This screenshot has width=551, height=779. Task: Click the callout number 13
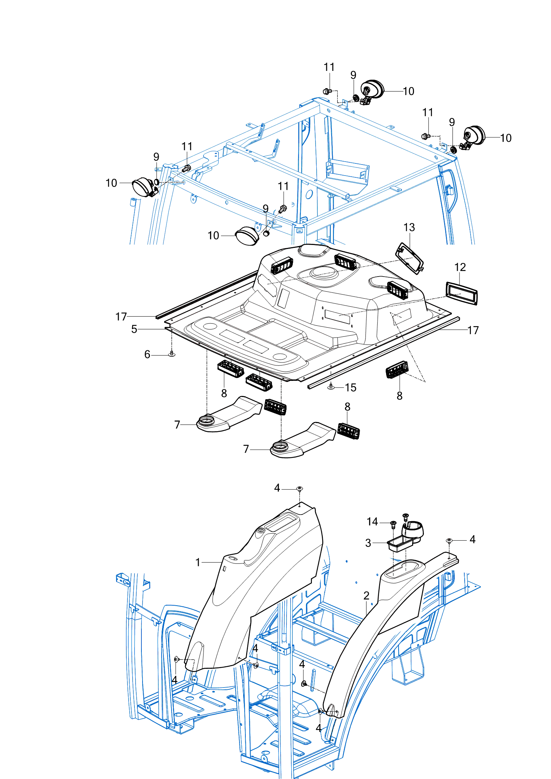coord(409,228)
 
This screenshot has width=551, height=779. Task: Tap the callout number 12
coord(460,267)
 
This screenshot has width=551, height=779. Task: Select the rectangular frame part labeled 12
coord(462,293)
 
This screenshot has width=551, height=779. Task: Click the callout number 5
coord(134,329)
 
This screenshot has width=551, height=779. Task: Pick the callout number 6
coord(147,354)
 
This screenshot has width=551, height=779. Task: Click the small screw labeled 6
coord(171,354)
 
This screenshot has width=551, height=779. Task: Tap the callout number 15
coord(350,387)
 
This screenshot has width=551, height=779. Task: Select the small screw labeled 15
coord(331,386)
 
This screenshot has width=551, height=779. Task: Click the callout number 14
coord(372,522)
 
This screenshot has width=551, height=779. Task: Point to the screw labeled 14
coord(393,524)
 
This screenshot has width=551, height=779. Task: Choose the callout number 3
coord(368,543)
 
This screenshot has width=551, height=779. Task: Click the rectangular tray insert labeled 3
coord(400,543)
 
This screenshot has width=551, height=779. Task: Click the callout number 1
coord(198,562)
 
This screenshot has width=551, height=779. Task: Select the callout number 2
coord(366,596)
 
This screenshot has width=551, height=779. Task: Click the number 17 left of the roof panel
coord(121,317)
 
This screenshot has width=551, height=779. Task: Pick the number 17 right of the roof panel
coord(473,330)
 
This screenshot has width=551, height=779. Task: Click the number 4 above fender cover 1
coord(277,488)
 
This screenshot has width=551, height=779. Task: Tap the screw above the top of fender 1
coord(299,489)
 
